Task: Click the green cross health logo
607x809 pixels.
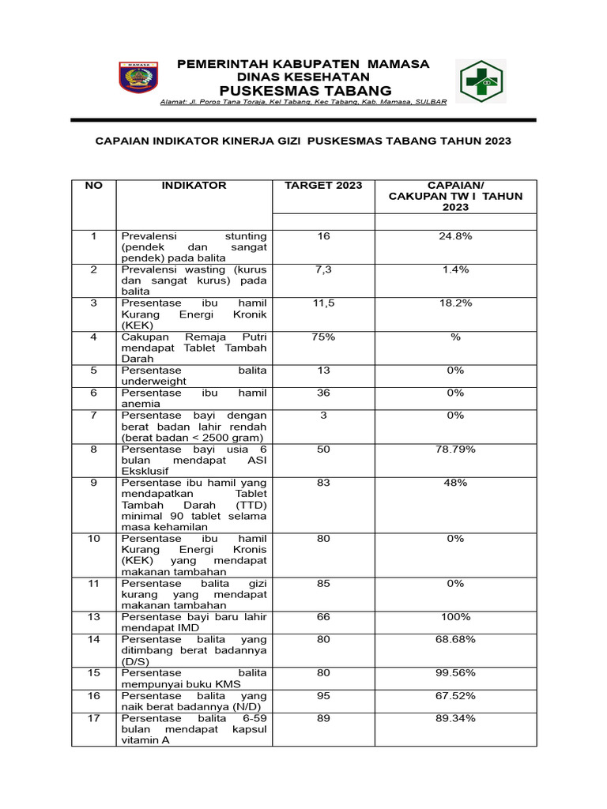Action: tap(484, 82)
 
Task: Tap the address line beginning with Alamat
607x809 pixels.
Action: tap(303, 102)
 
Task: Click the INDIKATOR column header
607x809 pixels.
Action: tap(194, 186)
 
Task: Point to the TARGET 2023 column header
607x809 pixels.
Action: tap(323, 186)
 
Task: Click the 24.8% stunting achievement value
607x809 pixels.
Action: tap(455, 236)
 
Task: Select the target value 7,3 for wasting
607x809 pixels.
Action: tap(323, 269)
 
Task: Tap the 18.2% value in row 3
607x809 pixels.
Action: tap(455, 303)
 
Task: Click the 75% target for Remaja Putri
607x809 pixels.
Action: tap(323, 337)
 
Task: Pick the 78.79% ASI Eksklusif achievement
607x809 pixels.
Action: tap(455, 449)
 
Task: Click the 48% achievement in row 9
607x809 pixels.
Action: tap(455, 483)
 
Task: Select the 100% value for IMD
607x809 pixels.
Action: tap(455, 616)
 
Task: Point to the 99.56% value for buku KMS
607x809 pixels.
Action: tap(455, 672)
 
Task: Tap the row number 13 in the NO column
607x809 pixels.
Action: tap(93, 616)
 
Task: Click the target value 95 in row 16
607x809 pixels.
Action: tap(323, 695)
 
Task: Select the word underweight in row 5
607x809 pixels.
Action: tap(153, 381)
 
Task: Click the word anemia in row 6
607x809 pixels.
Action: tap(140, 404)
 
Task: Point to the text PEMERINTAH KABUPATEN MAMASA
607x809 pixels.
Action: tap(303, 64)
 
